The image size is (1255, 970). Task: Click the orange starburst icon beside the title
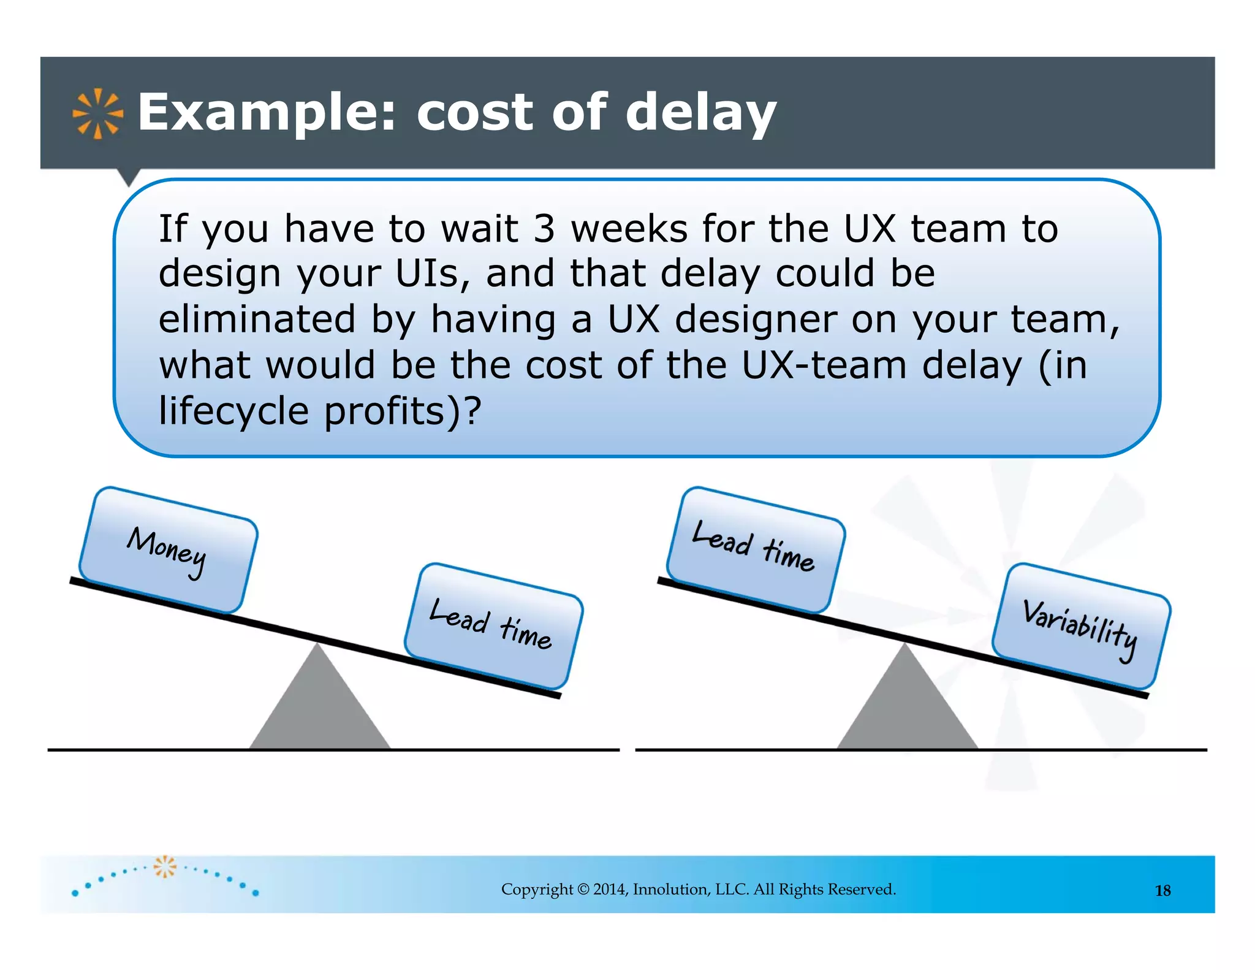[x=97, y=113]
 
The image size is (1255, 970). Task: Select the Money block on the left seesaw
[x=168, y=550]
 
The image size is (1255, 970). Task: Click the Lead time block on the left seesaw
[x=493, y=626]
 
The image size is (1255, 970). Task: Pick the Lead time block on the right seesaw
[x=756, y=550]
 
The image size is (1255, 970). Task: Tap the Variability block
[x=1081, y=626]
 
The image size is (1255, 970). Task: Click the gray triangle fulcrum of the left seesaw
[x=319, y=705]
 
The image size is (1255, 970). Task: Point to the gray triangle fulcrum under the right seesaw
[x=906, y=705]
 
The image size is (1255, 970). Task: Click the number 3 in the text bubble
[x=544, y=229]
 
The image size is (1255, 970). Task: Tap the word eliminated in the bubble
[x=257, y=319]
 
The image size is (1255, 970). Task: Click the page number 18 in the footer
[x=1162, y=891]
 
